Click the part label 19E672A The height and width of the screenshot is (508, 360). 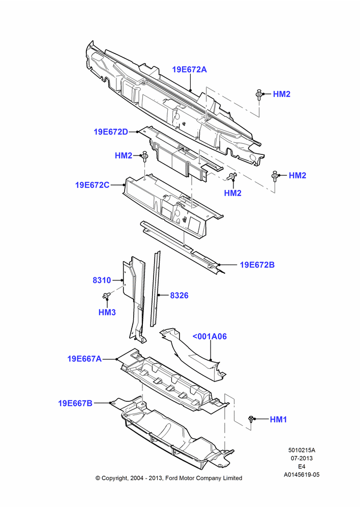tap(189, 70)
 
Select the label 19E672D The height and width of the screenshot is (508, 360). tap(111, 132)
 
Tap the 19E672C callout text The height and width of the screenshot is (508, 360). tap(92, 185)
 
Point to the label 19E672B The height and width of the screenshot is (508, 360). tap(257, 265)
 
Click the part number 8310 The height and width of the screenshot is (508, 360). tap(102, 280)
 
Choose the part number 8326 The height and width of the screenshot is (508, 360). tap(179, 296)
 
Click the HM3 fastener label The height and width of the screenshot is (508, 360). tap(107, 312)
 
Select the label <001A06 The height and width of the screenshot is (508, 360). tap(209, 336)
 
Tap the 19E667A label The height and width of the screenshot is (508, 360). tap(84, 359)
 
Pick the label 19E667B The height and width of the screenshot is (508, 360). tap(75, 403)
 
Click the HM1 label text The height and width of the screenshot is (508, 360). tap(278, 420)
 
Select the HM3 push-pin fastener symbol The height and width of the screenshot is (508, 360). tap(106, 295)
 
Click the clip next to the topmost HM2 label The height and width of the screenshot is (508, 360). tap(259, 94)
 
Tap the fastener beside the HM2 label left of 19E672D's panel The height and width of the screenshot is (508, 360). tap(145, 156)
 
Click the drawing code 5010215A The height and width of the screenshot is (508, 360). tap(302, 450)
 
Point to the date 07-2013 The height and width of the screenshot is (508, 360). tap(302, 458)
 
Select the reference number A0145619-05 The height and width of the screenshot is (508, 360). tap(302, 474)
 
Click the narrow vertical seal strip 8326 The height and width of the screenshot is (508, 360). tap(155, 289)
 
